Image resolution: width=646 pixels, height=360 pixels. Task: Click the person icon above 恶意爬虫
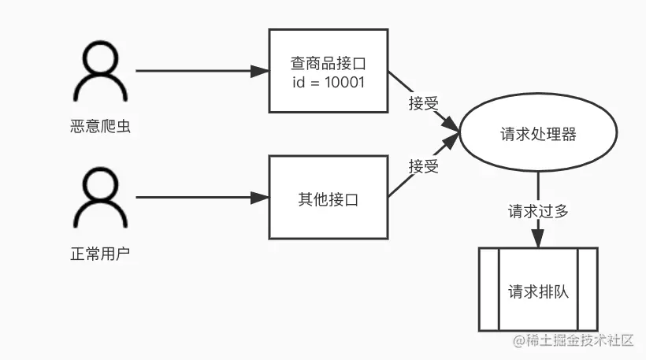click(x=99, y=72)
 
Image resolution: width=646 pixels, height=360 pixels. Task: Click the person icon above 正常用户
click(x=99, y=199)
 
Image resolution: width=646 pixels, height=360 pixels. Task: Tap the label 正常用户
click(x=99, y=254)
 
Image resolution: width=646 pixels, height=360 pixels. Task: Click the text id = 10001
click(x=329, y=82)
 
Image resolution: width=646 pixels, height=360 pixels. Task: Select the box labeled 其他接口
click(x=329, y=198)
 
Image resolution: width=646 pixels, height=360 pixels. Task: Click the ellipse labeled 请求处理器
click(x=538, y=135)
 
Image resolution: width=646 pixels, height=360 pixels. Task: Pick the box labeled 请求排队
click(x=538, y=290)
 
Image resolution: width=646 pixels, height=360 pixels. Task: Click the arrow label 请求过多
click(x=538, y=211)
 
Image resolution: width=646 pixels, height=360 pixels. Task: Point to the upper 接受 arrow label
click(x=423, y=103)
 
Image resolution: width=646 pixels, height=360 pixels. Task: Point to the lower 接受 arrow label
click(x=423, y=166)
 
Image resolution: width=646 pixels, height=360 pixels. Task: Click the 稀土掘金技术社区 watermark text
click(x=579, y=341)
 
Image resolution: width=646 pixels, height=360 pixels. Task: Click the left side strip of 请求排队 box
click(x=488, y=290)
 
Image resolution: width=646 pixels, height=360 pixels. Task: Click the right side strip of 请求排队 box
click(x=588, y=290)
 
